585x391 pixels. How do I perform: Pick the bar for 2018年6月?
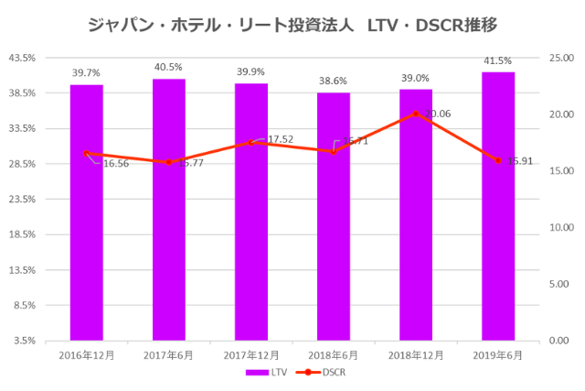coord(334,216)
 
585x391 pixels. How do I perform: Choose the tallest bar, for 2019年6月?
coord(498,206)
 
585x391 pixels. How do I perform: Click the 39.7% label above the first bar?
coord(86,72)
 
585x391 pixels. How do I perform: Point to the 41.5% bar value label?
coord(498,60)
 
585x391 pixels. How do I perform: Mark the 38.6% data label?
coord(334,81)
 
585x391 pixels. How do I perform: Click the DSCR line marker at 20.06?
coord(416,114)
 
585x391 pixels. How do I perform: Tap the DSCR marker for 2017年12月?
coord(251,143)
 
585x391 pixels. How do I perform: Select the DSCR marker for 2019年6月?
coord(498,160)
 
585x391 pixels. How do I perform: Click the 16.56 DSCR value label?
coord(115,164)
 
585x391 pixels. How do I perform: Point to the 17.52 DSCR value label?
coord(280,139)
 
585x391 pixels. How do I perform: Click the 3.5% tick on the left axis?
coord(24,340)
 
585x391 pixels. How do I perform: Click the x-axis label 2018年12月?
coord(416,354)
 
